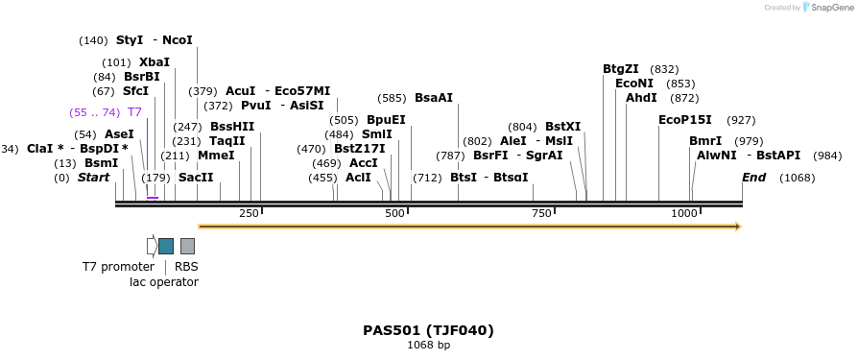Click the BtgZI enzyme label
point(620,69)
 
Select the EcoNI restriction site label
point(633,84)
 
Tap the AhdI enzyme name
point(641,98)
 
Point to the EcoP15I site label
point(685,120)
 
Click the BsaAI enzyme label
point(434,98)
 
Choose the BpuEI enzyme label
point(386,120)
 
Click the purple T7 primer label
point(134,112)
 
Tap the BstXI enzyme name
point(562,127)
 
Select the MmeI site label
point(216,156)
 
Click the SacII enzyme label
point(196,178)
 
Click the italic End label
point(754,178)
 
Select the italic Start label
point(94,178)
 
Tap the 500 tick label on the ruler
point(394,212)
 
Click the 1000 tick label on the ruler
point(683,212)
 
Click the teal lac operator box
point(166,246)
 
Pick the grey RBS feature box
point(187,246)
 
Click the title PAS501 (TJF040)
point(428,330)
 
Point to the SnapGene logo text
point(832,8)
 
